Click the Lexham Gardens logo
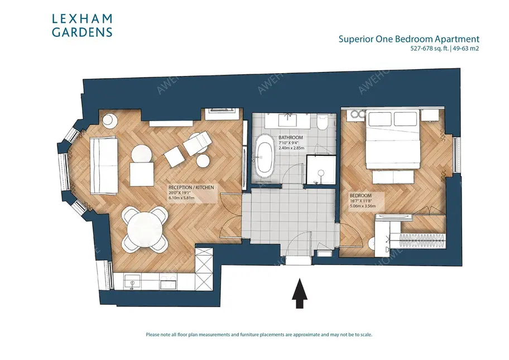tap(82, 26)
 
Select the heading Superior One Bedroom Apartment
tap(409, 39)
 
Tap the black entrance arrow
tap(300, 293)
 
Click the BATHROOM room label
tap(291, 138)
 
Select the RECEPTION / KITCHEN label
tap(191, 188)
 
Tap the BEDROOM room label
tap(361, 196)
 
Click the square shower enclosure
tap(321, 169)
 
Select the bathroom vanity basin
tap(288, 118)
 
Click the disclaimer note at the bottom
tap(258, 335)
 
